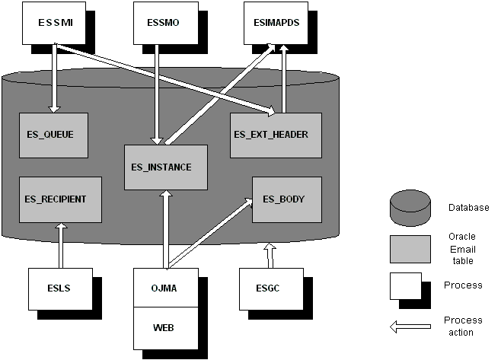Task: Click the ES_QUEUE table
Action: coord(53,135)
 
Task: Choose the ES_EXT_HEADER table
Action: coord(276,135)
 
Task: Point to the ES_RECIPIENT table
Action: coord(55,199)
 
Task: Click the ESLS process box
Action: coord(59,287)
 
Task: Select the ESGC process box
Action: coord(269,287)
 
